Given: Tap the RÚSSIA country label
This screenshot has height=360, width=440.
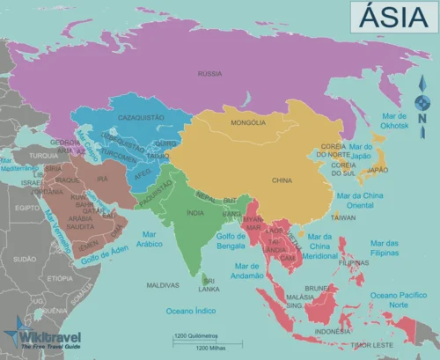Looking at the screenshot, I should coord(209,74).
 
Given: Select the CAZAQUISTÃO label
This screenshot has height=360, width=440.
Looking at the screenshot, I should coord(130,116).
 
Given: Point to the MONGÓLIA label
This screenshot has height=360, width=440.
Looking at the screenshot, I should coord(249,124).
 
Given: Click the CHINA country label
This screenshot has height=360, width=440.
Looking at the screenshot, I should coord(282,180).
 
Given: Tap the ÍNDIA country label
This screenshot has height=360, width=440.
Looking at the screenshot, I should coord(196,212).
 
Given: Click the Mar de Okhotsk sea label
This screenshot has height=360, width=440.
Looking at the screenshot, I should coord(392,121).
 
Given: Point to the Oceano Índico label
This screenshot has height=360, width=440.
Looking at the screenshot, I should coord(193,310).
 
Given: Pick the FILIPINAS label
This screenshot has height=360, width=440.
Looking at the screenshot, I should coord(353,262).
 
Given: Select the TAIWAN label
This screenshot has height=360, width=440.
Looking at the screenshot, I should coord(342,217).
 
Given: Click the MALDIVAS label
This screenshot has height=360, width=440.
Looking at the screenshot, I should coord(163,285).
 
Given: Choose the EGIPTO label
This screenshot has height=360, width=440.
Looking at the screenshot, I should coord(27,208).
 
